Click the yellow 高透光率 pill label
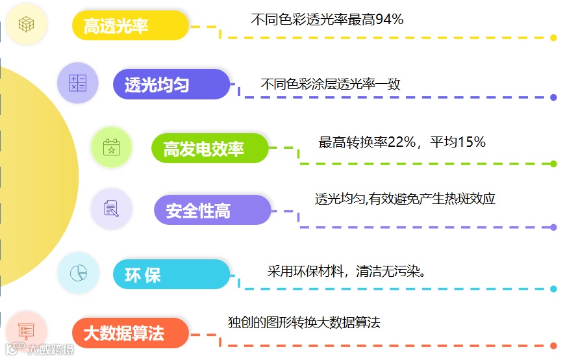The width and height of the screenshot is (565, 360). (x=130, y=25)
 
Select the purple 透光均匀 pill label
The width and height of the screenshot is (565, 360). (x=171, y=84)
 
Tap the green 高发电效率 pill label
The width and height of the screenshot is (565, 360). (x=210, y=149)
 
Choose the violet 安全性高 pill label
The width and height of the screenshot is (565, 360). (x=212, y=211)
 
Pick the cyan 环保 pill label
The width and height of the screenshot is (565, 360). (x=171, y=275)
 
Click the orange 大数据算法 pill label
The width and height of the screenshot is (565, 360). (x=131, y=334)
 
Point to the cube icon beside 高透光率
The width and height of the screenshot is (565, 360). (x=26, y=25)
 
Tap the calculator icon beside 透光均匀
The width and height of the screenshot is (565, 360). (x=78, y=83)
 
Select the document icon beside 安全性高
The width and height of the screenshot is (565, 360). (x=111, y=209)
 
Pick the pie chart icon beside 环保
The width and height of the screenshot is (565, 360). (x=78, y=272)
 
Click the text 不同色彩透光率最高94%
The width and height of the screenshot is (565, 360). (x=327, y=20)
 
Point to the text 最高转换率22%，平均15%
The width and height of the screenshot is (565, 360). (x=402, y=142)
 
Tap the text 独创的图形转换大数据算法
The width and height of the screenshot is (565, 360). (x=303, y=322)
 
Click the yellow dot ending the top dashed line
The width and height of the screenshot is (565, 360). (x=553, y=38)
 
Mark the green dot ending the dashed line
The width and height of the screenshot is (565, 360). (x=553, y=164)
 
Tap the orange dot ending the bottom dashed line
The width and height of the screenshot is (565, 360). (x=553, y=345)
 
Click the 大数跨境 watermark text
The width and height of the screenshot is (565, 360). (x=50, y=350)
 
